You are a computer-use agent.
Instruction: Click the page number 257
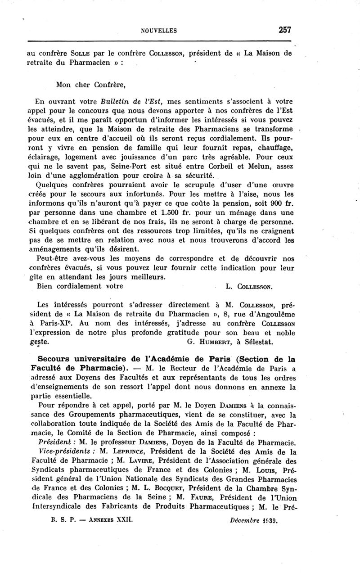pos(285,30)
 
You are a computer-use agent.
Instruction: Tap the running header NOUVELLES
pos(159,31)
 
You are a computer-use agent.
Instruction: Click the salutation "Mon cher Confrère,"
pos(90,84)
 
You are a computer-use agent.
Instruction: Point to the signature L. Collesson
pos(248,286)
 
